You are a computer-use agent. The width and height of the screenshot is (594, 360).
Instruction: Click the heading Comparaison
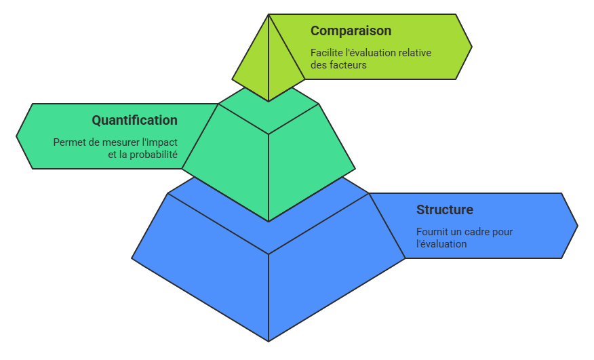coord(351,31)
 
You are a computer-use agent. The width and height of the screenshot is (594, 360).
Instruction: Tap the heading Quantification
coord(134,121)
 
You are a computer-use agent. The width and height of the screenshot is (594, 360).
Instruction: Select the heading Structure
coord(444,209)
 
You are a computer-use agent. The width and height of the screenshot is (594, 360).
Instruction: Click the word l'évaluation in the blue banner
coord(441,244)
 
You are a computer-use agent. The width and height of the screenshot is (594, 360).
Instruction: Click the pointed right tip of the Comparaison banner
coord(470,47)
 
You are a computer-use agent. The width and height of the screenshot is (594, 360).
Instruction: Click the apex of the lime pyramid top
coord(269,16)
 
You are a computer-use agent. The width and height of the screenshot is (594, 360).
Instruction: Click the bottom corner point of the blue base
coord(269,340)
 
